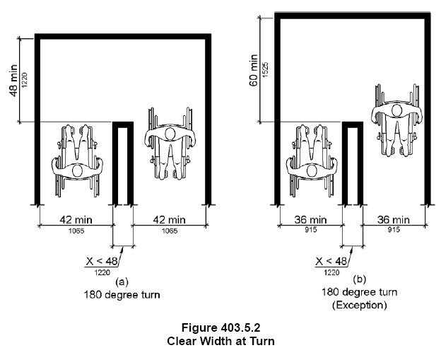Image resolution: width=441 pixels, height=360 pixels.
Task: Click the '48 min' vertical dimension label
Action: (x=14, y=81)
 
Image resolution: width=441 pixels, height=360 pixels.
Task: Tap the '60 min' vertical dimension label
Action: (x=254, y=70)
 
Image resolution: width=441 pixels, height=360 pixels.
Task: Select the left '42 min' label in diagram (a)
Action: (x=76, y=219)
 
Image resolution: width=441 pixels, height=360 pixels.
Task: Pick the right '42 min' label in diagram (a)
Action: (x=170, y=219)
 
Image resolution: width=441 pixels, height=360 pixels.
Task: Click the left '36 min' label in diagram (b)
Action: (x=310, y=219)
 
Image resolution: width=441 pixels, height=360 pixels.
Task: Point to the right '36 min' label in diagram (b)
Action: (x=393, y=219)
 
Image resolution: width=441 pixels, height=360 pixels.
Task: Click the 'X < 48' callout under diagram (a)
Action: (x=102, y=261)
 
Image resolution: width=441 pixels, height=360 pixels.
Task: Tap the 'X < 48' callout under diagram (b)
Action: (x=331, y=261)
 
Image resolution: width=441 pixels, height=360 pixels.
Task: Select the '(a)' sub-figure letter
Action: (x=122, y=281)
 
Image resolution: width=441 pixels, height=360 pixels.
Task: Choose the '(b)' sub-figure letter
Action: (x=360, y=279)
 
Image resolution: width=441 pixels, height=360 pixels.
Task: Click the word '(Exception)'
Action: (x=360, y=305)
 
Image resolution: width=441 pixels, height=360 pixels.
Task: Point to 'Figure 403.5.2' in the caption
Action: (x=220, y=327)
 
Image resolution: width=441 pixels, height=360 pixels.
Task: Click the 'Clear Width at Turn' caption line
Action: (x=220, y=341)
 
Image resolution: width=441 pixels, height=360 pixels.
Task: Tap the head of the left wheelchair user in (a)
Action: (x=77, y=171)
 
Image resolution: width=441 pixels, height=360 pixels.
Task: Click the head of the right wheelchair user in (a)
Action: (x=170, y=134)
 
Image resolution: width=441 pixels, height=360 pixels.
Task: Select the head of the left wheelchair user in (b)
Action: (x=312, y=171)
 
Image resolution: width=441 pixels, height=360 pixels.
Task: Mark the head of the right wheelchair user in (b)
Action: (x=396, y=110)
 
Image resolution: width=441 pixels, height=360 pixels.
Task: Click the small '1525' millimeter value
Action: (x=265, y=70)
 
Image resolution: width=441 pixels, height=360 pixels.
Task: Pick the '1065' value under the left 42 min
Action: (x=76, y=231)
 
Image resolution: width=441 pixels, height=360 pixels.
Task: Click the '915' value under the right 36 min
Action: (x=394, y=230)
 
